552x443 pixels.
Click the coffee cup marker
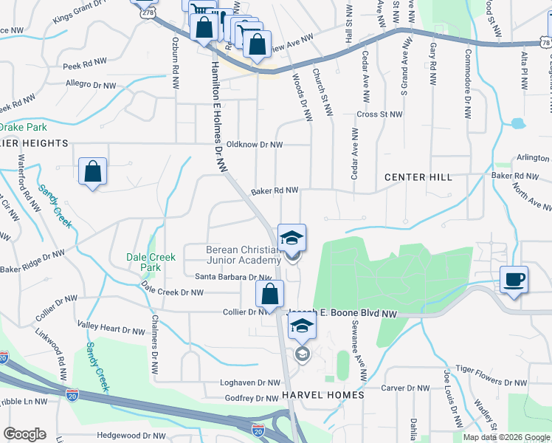tap(514, 281)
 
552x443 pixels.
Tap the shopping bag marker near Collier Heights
tap(92, 172)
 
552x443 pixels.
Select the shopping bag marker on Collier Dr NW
tap(270, 294)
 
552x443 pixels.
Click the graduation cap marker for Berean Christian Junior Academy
tap(291, 238)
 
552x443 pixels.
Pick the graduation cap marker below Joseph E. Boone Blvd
tap(301, 325)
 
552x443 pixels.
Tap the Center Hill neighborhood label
tap(417, 177)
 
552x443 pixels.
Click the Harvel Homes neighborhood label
tap(323, 395)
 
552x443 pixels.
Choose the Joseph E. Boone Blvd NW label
tap(342, 314)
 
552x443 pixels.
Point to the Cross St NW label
tap(380, 114)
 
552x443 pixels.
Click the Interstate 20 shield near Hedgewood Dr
tap(258, 429)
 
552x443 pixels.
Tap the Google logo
tap(24, 434)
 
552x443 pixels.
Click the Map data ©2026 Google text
tap(506, 437)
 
